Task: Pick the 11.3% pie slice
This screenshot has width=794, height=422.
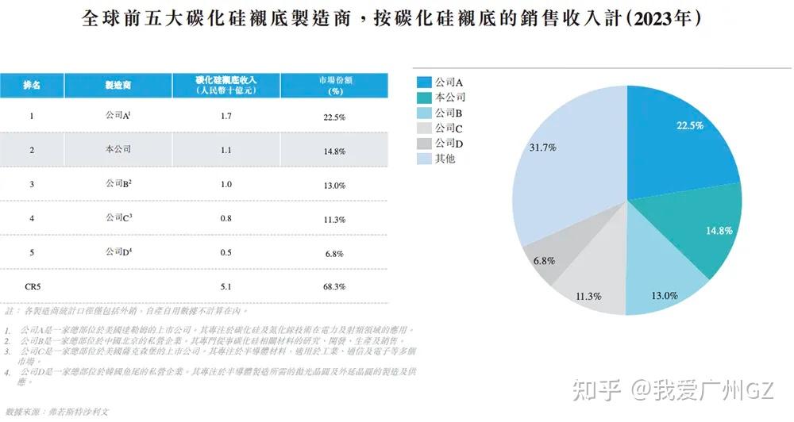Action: point(592,282)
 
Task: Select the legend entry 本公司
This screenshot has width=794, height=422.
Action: point(449,97)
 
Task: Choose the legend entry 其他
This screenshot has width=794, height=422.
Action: point(445,159)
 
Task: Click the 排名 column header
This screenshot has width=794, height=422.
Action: point(32,85)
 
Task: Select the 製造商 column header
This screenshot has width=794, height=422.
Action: point(118,85)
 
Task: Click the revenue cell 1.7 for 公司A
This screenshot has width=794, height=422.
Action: point(226,117)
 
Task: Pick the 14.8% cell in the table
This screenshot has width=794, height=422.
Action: point(334,150)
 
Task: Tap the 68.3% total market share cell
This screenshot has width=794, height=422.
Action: point(334,286)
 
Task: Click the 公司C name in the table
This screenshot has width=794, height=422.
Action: point(118,217)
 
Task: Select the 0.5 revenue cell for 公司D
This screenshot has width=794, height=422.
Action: point(226,252)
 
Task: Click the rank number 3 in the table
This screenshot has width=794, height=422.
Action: point(32,184)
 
